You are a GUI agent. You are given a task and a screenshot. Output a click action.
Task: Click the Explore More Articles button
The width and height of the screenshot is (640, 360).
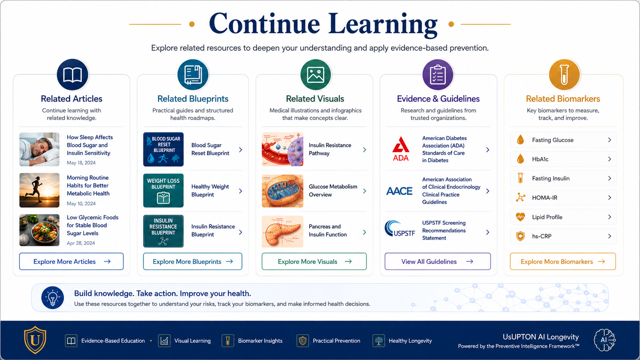72,262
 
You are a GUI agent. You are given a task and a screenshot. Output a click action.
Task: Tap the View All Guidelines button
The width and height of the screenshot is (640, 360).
438,262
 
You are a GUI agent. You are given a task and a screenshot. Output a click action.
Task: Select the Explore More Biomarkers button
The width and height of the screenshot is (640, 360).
563,262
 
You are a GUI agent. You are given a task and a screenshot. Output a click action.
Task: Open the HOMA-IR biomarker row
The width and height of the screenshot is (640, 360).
563,198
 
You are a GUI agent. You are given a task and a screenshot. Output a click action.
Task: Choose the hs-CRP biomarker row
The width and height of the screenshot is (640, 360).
563,236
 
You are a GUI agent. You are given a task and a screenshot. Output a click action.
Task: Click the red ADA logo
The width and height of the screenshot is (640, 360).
401,149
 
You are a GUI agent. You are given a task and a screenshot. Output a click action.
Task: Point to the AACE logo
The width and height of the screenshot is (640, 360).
400,191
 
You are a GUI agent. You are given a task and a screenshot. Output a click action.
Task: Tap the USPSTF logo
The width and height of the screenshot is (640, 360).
400,228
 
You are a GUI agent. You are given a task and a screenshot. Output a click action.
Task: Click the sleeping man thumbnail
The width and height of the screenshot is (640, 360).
40,149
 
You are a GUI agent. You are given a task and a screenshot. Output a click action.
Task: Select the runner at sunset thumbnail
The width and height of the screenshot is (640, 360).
40,190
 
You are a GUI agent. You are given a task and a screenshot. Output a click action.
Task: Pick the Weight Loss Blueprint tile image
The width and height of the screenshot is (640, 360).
163,190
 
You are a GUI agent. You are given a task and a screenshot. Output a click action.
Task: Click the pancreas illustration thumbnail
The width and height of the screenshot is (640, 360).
282,232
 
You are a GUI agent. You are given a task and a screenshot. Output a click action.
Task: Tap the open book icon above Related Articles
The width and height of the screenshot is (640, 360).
72,75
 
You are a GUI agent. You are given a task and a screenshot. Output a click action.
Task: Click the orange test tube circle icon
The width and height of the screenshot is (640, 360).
564,75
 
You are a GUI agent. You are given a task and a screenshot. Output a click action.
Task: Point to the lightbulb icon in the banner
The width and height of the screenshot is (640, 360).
52,298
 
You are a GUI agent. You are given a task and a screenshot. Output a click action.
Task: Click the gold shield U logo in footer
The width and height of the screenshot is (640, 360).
35,340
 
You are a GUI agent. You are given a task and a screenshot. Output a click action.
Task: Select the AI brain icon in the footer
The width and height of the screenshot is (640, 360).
604,340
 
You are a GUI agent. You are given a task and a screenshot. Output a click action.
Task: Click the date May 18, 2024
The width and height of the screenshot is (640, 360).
81,162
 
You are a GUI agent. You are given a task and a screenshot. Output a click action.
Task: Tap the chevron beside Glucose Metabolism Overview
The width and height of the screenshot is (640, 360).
364,191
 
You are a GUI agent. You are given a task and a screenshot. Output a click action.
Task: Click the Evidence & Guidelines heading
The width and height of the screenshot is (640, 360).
438,98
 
